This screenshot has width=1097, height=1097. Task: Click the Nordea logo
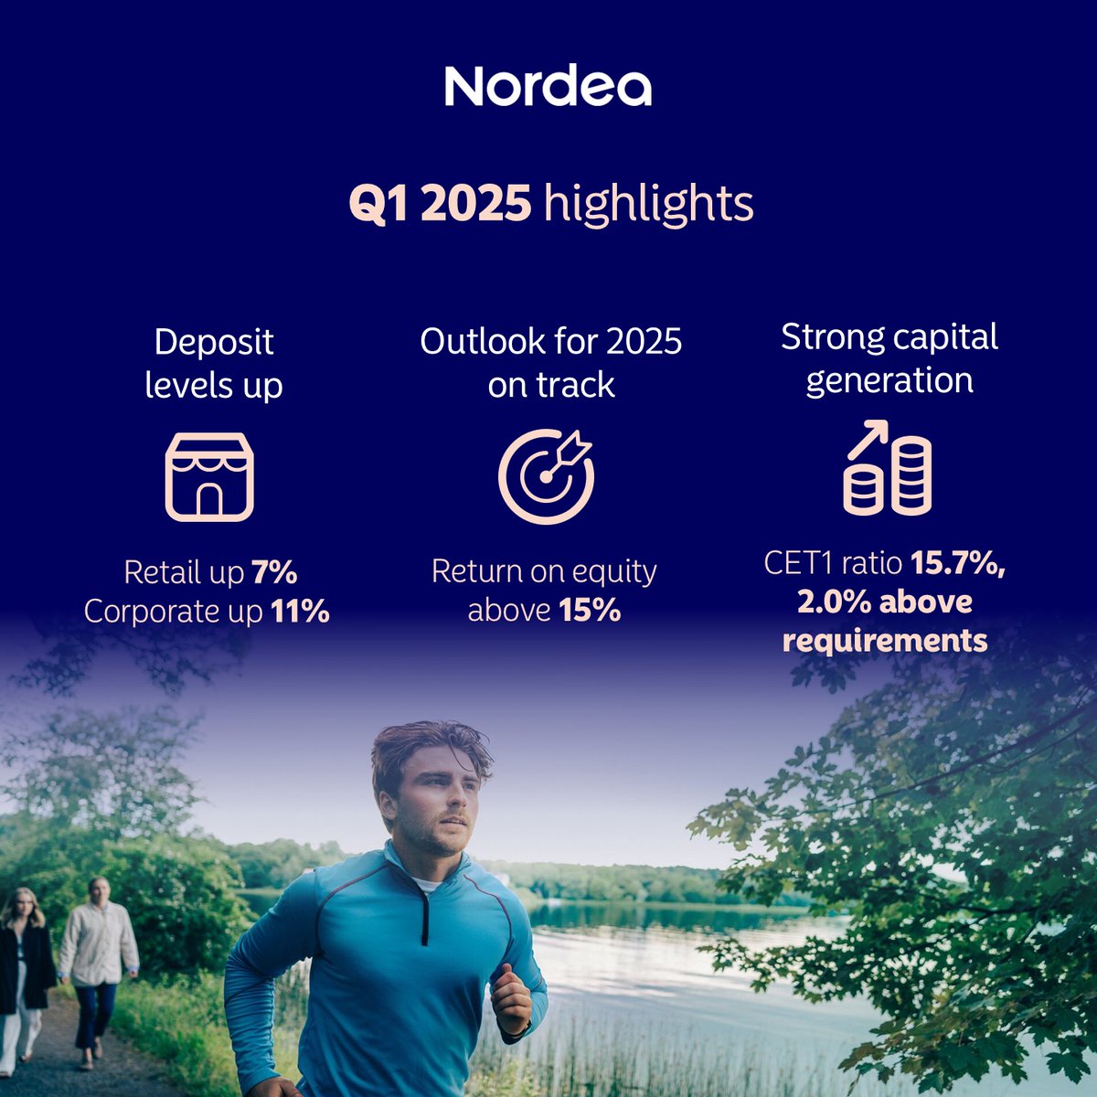548,86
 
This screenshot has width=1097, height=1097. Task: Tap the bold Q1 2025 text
440,203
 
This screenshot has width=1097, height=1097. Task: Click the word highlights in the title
648,204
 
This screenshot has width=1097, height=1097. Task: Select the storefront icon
209,476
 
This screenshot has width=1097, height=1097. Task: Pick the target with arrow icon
547,475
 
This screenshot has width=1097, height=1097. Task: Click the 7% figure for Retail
274,573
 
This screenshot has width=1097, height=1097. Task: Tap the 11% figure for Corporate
300,612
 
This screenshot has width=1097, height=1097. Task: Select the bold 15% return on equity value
590,610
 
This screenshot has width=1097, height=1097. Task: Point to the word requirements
885,640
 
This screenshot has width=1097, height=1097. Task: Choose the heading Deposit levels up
214,363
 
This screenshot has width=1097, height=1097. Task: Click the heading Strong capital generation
889,357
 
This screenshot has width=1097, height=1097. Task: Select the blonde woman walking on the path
22,969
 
